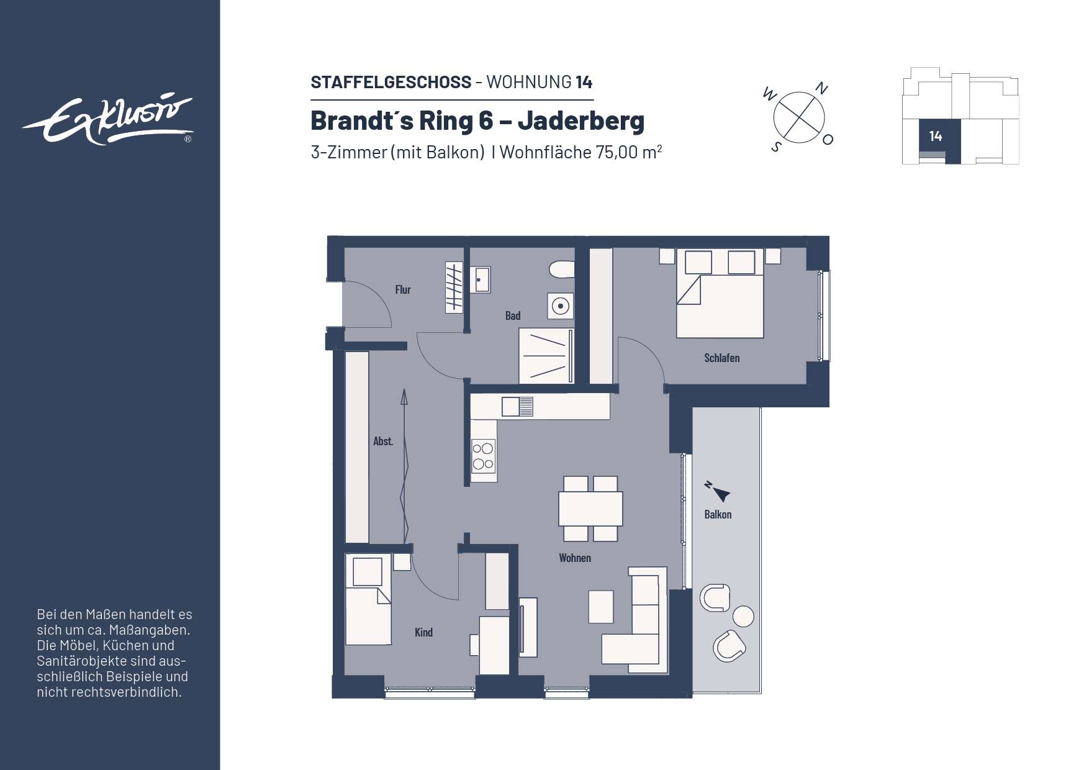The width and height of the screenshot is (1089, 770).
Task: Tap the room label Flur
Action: pyautogui.click(x=403, y=289)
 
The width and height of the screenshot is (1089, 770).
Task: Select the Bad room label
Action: pyautogui.click(x=513, y=315)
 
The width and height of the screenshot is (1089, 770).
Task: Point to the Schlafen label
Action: pyautogui.click(x=721, y=358)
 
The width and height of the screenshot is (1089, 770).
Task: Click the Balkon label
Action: pyautogui.click(x=718, y=514)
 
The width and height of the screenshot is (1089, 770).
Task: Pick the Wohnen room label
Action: pyautogui.click(x=575, y=558)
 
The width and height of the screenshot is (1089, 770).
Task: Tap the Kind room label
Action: pyautogui.click(x=423, y=632)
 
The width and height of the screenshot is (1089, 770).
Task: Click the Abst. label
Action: pyautogui.click(x=383, y=441)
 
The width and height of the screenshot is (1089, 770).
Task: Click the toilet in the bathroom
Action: pyautogui.click(x=562, y=269)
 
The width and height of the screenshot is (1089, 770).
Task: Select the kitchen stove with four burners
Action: pyautogui.click(x=483, y=456)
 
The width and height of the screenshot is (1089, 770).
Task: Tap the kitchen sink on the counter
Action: pyautogui.click(x=517, y=407)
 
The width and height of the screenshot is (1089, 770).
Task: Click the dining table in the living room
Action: pyautogui.click(x=590, y=509)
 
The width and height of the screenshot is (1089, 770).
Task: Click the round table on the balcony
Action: pyautogui.click(x=743, y=617)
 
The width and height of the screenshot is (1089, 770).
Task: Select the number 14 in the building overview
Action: pyautogui.click(x=936, y=136)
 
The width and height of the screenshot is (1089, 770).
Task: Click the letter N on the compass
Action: pyautogui.click(x=821, y=88)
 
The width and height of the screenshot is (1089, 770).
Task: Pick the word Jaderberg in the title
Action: pyautogui.click(x=581, y=120)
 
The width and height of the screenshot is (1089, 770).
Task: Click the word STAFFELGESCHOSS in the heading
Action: pyautogui.click(x=391, y=82)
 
